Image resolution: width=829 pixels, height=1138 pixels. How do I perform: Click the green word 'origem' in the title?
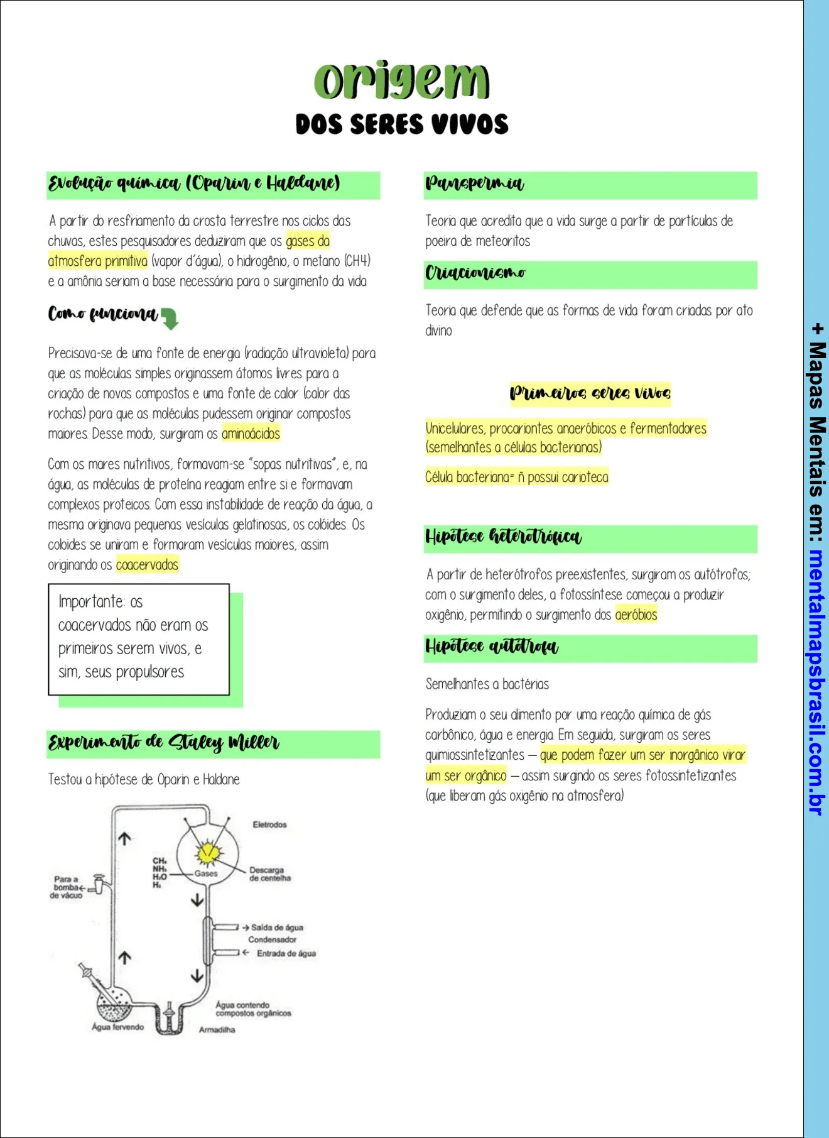tap(401, 81)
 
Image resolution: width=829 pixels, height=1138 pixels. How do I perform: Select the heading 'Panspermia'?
tap(474, 183)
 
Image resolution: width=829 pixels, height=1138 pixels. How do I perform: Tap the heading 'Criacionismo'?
tap(475, 273)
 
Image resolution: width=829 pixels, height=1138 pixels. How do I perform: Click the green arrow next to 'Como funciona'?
tap(170, 318)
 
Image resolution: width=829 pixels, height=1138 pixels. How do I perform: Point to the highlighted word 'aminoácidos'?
tap(251, 434)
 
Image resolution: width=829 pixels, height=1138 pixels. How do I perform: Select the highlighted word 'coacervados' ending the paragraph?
tap(147, 564)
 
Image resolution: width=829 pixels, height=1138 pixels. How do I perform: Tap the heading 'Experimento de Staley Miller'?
tap(163, 742)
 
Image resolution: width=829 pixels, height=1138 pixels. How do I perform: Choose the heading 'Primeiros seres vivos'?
tap(590, 393)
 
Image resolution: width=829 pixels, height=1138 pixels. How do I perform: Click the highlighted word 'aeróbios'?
tap(636, 615)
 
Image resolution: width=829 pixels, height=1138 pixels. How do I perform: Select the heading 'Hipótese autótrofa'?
tap(491, 647)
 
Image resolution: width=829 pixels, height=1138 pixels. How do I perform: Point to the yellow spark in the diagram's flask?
tap(207, 853)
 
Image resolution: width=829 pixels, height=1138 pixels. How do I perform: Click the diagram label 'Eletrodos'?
tap(269, 824)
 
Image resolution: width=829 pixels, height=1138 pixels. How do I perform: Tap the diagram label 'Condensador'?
tap(272, 939)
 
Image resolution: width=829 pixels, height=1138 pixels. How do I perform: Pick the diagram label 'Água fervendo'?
tap(117, 1027)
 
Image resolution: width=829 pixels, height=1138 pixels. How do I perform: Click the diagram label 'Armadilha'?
tap(217, 1029)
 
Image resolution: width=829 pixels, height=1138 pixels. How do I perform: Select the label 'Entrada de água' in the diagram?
tap(286, 953)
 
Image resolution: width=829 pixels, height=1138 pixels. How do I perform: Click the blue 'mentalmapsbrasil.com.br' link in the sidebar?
tap(816, 682)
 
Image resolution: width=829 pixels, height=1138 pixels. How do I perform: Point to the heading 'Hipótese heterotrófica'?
tap(503, 537)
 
